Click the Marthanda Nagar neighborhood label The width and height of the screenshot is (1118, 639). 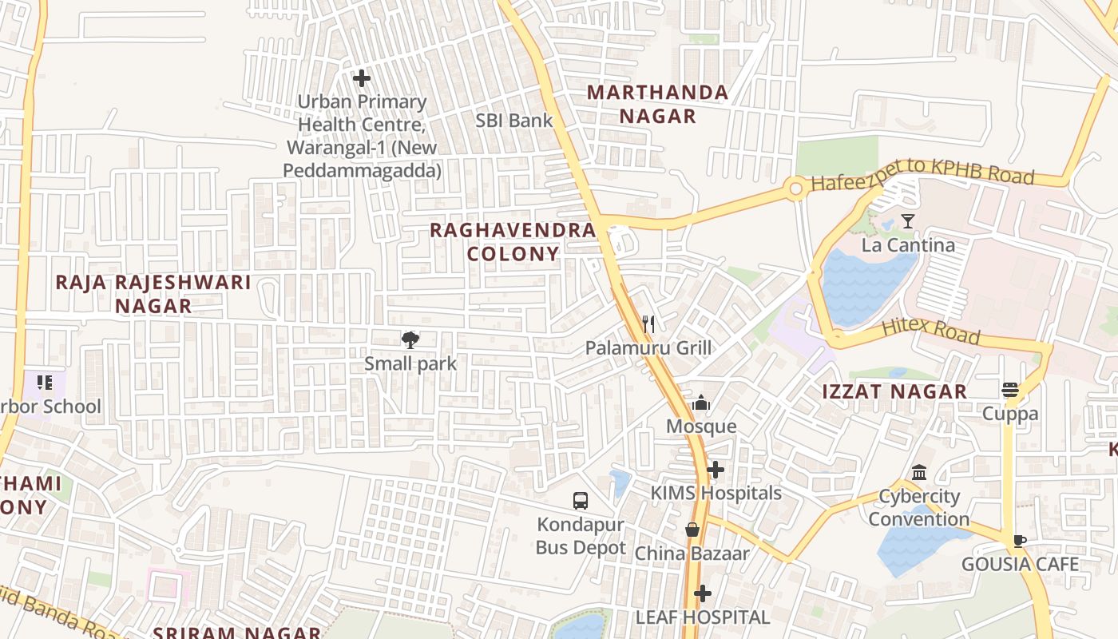pos(657,104)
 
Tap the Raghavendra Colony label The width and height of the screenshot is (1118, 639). pos(513,242)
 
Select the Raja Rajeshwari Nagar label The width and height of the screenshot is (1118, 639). pos(153,293)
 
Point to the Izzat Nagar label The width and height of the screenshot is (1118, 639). pos(895,391)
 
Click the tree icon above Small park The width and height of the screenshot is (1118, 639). pos(410,340)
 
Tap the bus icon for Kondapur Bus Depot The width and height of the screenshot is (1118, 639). pos(581,501)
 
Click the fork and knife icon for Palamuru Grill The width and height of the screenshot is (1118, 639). pos(648,324)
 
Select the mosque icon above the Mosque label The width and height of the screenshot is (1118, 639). pos(701,402)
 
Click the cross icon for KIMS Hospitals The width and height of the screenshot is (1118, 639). pos(716,470)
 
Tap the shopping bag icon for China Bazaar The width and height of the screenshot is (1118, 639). pos(692,530)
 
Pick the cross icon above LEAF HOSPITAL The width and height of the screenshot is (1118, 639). pos(702,593)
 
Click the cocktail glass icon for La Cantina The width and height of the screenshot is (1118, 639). pos(907,221)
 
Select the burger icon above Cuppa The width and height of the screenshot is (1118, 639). pos(1010,390)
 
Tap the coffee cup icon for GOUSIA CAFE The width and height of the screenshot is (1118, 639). pos(1020,541)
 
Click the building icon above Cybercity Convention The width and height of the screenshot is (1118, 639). pos(918,473)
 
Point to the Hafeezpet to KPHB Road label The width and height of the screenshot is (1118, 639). pos(922,179)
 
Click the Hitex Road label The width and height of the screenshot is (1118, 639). pos(930,331)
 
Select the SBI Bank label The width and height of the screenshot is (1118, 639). pos(514,121)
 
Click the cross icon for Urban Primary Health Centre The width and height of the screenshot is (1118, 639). pos(362,78)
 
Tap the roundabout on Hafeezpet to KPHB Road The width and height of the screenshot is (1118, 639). pos(795,189)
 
